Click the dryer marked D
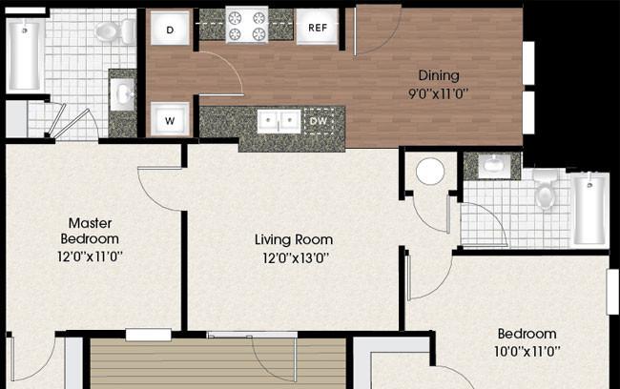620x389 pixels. click(170, 28)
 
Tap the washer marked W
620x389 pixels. click(170, 119)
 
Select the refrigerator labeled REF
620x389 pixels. click(318, 27)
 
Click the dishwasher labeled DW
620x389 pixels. click(319, 121)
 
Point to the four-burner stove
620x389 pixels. click(247, 24)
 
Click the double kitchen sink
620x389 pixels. click(279, 122)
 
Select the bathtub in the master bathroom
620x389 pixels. click(24, 54)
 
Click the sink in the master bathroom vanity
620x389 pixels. click(122, 95)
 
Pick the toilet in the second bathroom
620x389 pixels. click(546, 189)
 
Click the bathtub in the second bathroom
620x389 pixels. click(589, 210)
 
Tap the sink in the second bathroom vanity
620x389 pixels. click(493, 164)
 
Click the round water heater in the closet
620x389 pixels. click(430, 172)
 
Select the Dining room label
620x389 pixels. click(439, 75)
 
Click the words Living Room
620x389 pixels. click(294, 239)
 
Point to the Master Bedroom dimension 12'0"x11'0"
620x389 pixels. click(90, 257)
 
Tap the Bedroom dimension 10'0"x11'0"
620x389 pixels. click(527, 351)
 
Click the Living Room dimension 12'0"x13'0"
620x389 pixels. click(296, 258)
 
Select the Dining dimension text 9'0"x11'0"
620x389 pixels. click(439, 94)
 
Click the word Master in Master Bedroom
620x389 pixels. click(91, 223)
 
